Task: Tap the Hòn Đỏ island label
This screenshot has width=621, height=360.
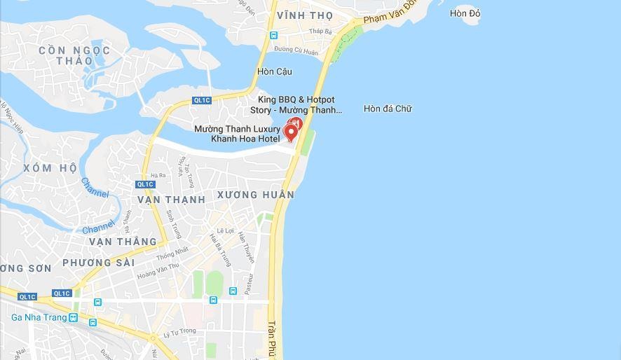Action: click(465, 13)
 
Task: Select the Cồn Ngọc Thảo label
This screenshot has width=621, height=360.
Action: click(74, 55)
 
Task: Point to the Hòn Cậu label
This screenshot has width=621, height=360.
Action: click(275, 71)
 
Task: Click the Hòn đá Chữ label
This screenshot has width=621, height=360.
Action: click(388, 109)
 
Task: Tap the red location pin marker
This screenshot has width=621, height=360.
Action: click(290, 132)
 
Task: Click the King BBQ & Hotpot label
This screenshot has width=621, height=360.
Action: click(296, 105)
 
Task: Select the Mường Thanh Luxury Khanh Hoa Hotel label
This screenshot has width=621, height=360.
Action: click(237, 134)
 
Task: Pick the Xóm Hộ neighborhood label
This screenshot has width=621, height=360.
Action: click(50, 168)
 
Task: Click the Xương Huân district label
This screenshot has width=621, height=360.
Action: click(256, 194)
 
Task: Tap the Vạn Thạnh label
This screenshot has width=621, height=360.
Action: click(172, 200)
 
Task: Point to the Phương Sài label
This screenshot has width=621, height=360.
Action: click(97, 263)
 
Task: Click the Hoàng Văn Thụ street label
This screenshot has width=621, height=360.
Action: click(158, 270)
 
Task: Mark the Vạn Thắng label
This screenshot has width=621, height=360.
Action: click(123, 242)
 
